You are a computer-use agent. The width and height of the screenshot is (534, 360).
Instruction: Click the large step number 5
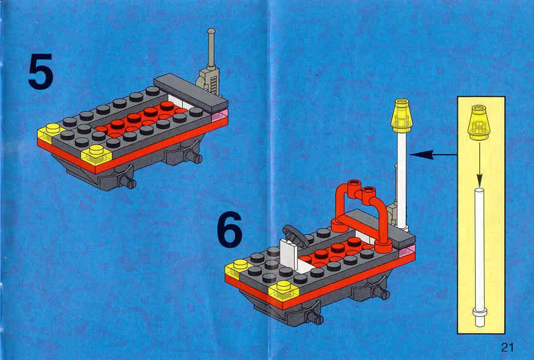click(41, 72)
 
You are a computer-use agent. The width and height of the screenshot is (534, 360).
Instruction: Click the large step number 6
click(230, 229)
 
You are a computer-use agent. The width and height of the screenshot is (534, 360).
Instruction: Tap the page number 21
click(507, 347)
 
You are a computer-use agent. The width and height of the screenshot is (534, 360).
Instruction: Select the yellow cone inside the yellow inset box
click(479, 123)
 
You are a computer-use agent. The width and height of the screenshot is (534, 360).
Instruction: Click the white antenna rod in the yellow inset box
click(479, 257)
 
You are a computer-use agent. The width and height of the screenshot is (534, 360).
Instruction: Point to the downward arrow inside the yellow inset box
click(479, 163)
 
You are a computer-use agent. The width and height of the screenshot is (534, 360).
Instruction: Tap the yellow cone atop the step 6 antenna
click(402, 116)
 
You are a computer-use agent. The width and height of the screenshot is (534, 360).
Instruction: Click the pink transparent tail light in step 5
click(219, 116)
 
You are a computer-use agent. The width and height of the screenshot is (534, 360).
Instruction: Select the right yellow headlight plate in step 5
click(97, 155)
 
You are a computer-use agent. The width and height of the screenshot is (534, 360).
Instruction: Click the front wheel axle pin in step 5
click(129, 182)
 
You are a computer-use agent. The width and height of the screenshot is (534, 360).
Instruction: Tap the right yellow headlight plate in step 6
click(283, 291)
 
